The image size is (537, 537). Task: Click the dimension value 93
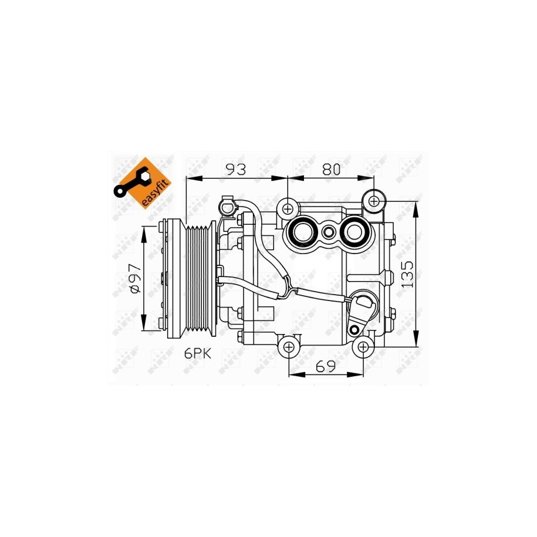tap(236, 169)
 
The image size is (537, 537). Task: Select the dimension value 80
tap(331, 169)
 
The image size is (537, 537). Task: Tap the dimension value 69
tap(325, 367)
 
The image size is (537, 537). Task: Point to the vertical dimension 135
tap(407, 274)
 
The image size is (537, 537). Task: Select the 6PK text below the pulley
tap(198, 353)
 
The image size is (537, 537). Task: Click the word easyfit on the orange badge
tap(156, 193)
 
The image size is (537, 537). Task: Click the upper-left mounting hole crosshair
tap(288, 208)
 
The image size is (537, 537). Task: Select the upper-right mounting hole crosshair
tap(374, 201)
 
